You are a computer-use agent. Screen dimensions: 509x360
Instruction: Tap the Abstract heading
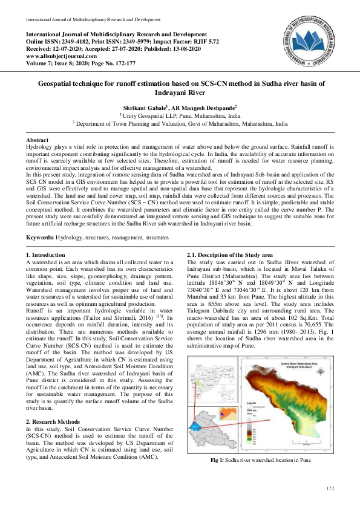coord(38,140)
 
